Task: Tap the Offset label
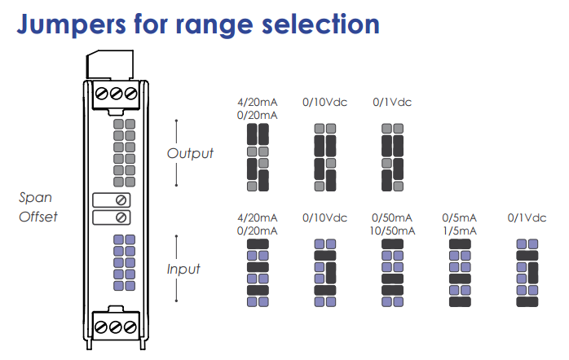37,217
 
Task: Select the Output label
190,153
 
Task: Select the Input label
183,269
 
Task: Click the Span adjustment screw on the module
121,200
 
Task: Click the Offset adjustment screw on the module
121,217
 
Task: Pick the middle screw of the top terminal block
118,93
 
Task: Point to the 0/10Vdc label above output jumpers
324,103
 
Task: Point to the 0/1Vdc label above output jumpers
392,103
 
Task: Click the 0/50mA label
392,217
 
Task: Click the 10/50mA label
392,230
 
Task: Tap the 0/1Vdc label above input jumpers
527,217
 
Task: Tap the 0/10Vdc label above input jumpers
324,217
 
